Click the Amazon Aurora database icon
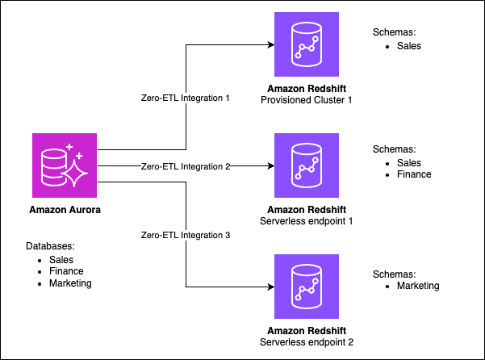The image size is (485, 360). [64, 166]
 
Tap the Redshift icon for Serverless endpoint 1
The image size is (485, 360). [306, 165]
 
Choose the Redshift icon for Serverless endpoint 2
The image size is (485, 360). [306, 286]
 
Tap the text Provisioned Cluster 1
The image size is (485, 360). [307, 99]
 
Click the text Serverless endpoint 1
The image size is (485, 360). [307, 220]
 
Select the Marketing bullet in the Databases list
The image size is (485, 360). [69, 283]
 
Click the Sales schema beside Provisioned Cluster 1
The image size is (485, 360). [408, 46]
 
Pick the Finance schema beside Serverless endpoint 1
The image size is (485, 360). [413, 174]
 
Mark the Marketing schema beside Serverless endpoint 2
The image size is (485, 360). [417, 285]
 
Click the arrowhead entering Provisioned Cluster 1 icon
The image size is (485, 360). [270, 45]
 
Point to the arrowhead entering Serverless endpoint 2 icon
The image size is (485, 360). [270, 286]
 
